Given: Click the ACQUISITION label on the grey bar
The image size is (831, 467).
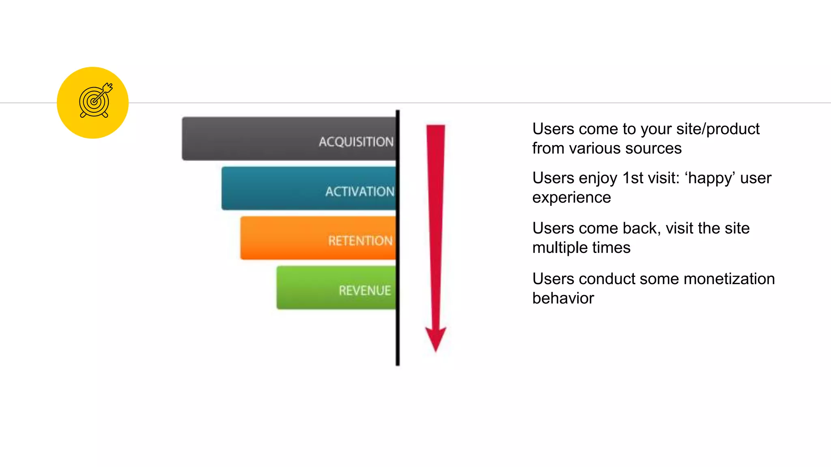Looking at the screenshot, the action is point(356,141).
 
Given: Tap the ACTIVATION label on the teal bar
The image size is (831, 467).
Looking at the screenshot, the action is point(360,191).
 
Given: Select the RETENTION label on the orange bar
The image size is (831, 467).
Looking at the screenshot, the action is point(360,241).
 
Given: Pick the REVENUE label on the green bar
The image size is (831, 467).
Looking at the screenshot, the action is point(365,290).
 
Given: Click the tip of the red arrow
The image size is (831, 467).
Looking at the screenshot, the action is point(436,350).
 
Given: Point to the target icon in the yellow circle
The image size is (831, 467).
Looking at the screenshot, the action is point(95,101).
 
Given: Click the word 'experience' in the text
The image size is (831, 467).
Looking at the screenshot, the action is point(571,197).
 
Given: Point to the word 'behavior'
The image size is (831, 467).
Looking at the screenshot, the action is point(563,298).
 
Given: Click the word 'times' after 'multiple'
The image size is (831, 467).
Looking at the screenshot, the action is point(612,248).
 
